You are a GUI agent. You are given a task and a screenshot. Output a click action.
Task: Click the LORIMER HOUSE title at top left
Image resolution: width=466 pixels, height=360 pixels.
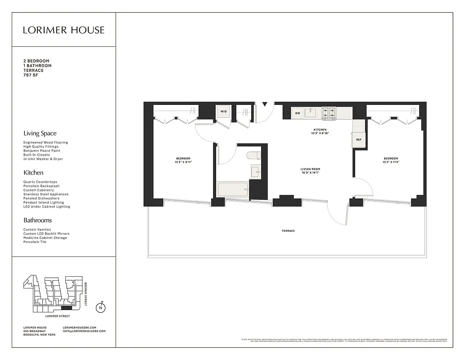point(63,30)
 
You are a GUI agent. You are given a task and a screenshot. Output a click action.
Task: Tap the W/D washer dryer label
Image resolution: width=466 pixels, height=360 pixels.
point(223,111)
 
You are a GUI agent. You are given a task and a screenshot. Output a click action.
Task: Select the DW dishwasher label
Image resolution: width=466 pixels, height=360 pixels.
point(298,112)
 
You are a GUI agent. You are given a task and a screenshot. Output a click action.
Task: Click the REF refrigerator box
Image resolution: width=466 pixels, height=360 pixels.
point(358,139)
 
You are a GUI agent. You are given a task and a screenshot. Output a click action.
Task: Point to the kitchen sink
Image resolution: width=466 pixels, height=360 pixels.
point(310,112)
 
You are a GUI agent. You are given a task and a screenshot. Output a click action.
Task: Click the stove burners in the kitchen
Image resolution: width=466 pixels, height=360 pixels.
point(329,112)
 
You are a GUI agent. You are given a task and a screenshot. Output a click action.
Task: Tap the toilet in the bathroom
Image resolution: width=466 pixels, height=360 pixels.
point(253,156)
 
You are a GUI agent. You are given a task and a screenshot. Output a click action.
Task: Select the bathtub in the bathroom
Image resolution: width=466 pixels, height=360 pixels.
point(232,189)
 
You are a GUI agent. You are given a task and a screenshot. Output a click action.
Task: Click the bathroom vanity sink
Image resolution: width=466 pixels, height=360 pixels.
point(255,172)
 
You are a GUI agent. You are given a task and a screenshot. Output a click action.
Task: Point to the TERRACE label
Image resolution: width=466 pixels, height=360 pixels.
point(288,231)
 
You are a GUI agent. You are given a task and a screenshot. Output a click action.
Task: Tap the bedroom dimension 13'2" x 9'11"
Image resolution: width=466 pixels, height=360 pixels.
point(183,162)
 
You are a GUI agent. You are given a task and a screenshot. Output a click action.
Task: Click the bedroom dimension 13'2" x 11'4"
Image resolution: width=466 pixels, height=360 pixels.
point(390,162)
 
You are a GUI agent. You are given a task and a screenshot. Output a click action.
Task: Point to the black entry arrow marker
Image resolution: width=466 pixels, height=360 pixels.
point(265,103)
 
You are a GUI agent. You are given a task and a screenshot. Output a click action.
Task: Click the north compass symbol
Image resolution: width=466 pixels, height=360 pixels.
point(101,307)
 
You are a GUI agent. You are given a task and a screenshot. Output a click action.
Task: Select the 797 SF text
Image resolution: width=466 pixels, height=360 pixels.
point(31,75)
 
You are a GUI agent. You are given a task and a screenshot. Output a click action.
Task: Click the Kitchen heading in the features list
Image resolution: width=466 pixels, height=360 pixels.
point(33,172)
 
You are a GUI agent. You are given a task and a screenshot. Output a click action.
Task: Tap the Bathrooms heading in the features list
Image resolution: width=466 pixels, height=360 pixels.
point(37,220)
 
